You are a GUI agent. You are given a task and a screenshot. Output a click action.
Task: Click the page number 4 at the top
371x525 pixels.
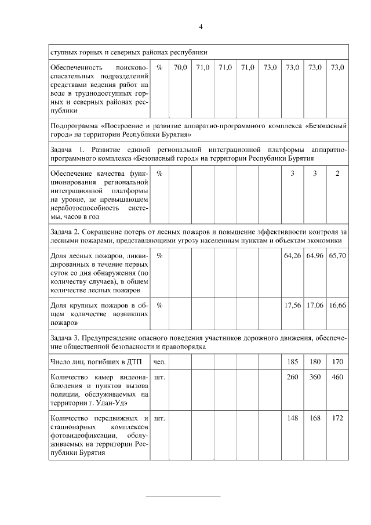coord(201,27)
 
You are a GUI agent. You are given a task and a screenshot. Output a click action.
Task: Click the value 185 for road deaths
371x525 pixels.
coord(292,362)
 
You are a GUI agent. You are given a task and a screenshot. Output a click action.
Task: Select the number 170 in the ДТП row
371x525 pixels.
coord(337,362)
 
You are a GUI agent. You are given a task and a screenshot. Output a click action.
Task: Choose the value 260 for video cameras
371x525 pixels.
coord(292,377)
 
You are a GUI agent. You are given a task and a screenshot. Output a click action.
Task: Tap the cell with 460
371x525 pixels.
coord(337,377)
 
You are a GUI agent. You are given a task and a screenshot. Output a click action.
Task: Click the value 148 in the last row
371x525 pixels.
coord(292,418)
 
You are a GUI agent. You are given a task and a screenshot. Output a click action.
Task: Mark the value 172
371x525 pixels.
coord(337,418)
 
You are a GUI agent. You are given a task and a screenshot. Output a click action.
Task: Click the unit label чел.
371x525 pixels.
coord(159,362)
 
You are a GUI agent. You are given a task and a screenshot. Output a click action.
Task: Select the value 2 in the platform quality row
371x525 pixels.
coord(337,173)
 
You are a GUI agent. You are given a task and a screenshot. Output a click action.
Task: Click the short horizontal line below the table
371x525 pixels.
coord(183,497)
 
